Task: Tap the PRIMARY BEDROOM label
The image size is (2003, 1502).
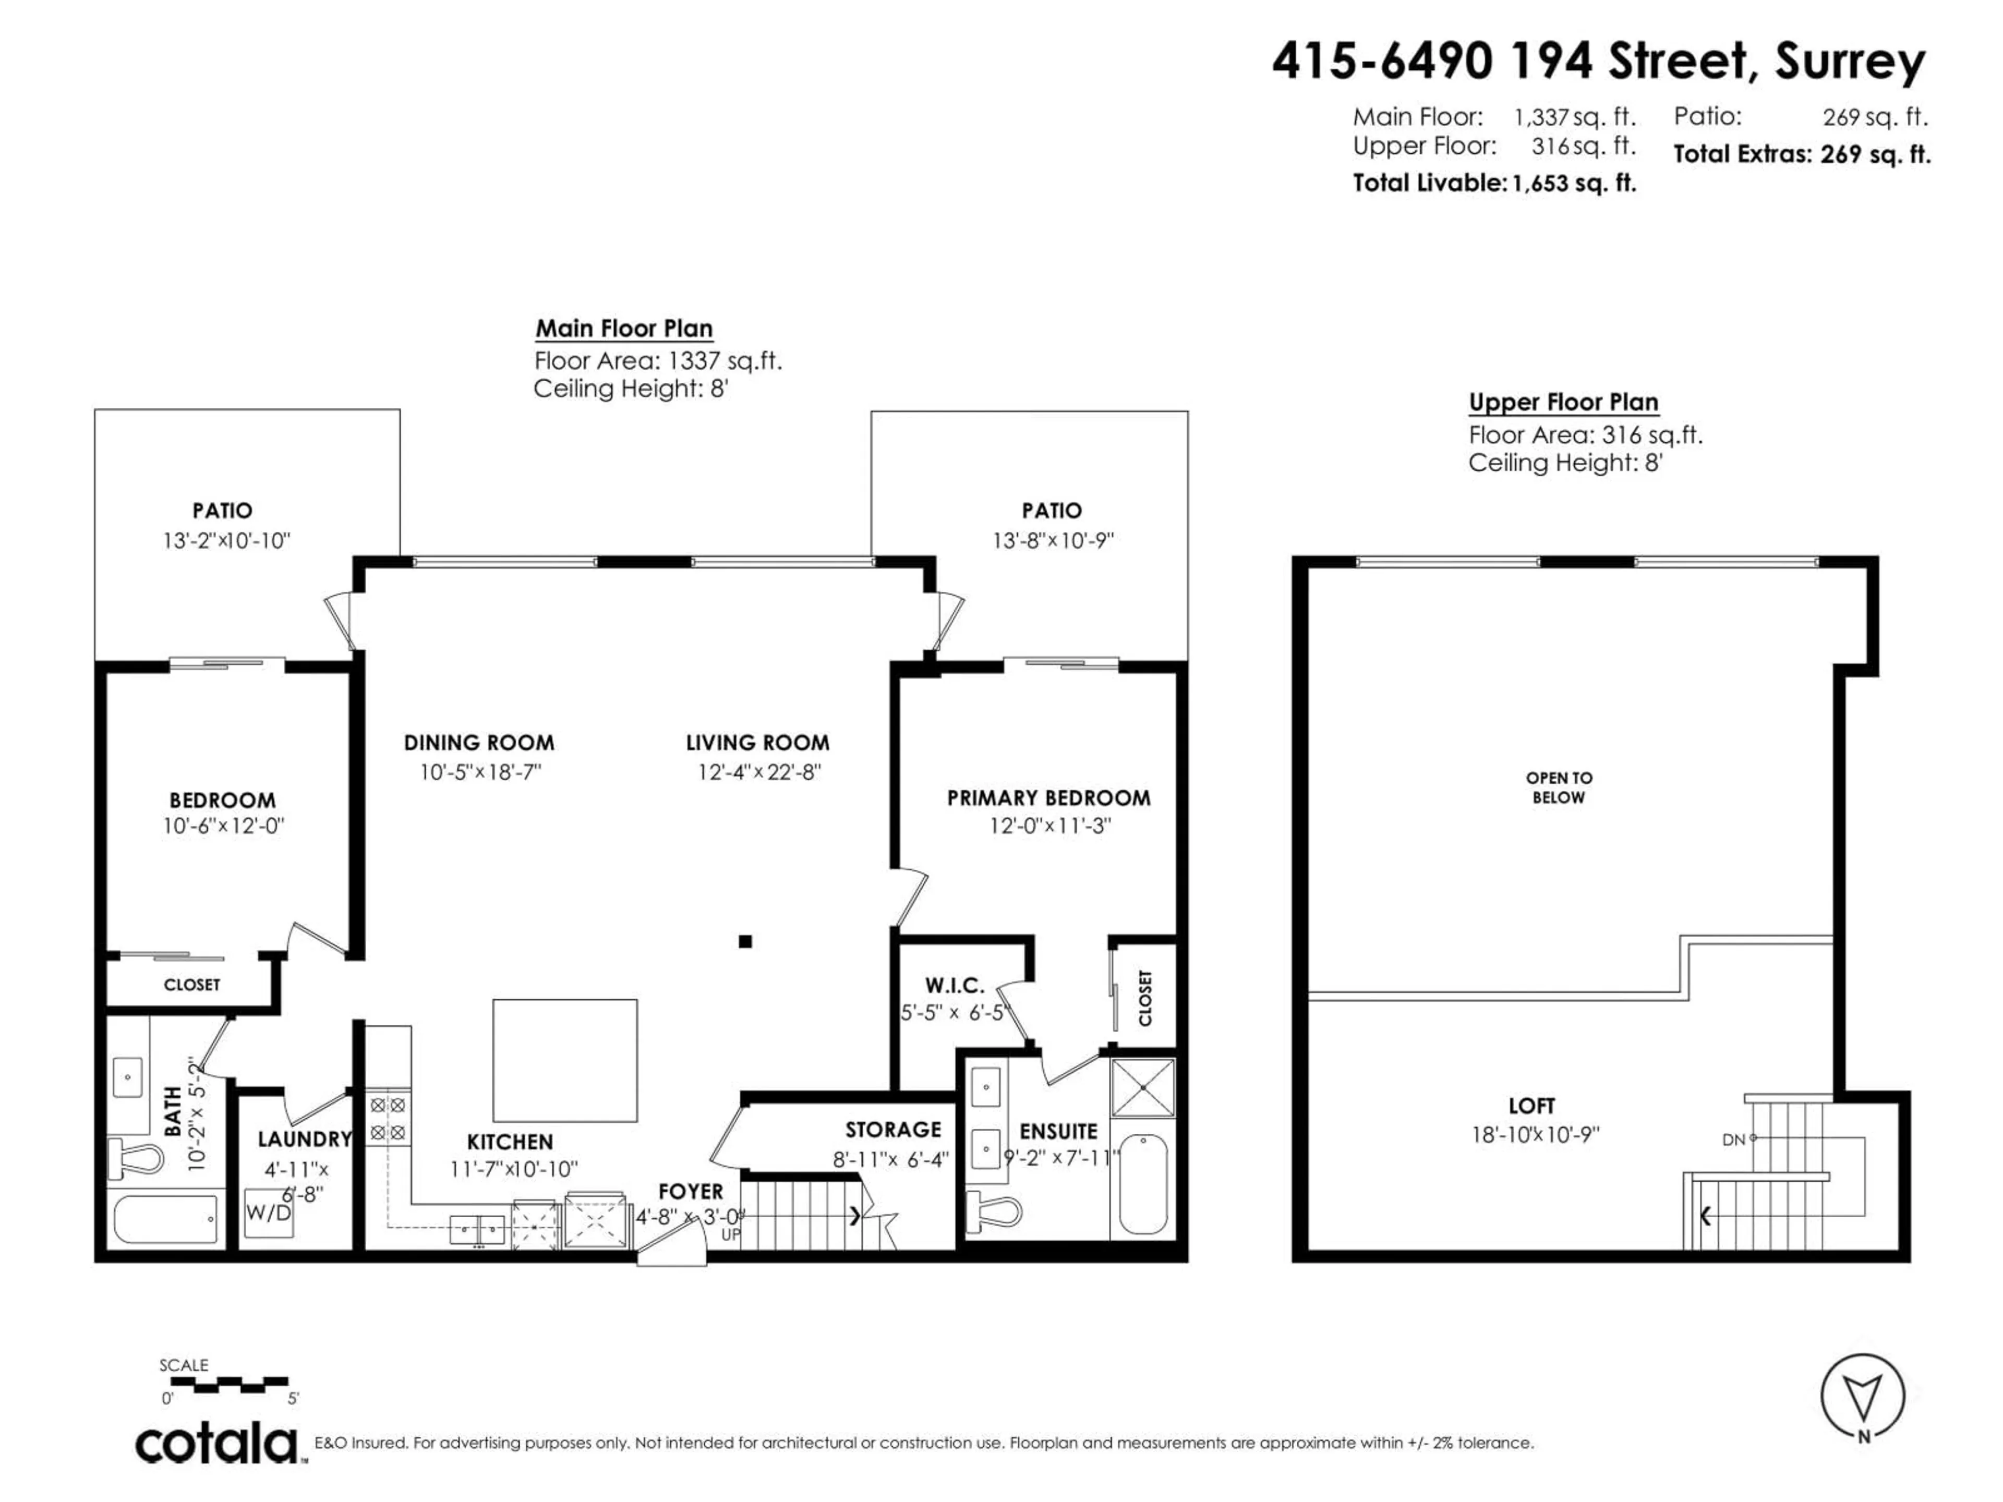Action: pos(1048,797)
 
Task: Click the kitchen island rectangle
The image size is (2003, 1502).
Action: pos(564,1060)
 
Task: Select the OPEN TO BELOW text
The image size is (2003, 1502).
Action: pos(1559,788)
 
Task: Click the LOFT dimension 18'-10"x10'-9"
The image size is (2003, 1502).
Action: pos(1535,1134)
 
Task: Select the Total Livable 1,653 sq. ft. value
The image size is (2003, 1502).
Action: pos(1574,183)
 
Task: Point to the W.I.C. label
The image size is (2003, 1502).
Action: pos(955,985)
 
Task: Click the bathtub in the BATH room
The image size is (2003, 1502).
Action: pos(166,1219)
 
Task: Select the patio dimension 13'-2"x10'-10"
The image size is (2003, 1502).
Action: pos(226,540)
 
